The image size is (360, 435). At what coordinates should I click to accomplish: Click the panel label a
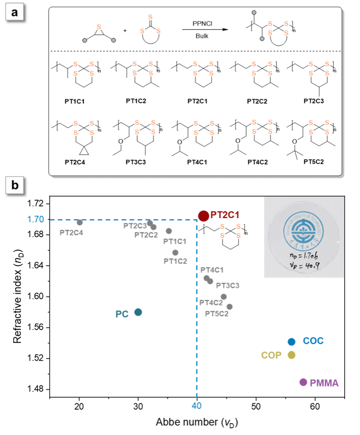[15, 13]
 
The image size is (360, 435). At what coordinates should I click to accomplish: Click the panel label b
[15, 186]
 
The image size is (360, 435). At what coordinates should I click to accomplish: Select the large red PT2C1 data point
[204, 216]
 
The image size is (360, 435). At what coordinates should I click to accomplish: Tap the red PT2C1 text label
[224, 216]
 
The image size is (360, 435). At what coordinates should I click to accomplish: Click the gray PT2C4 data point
[80, 222]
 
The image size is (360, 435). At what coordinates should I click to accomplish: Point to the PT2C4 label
[71, 233]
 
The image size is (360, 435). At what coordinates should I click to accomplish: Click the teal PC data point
[138, 312]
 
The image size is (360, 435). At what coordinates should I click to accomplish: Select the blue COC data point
[292, 341]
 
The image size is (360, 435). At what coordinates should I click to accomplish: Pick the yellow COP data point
[292, 355]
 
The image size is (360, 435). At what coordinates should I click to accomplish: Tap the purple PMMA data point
[303, 382]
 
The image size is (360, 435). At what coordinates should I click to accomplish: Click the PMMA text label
[324, 383]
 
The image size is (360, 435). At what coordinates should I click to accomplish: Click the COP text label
[271, 355]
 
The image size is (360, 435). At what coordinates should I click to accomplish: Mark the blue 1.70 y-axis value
[35, 220]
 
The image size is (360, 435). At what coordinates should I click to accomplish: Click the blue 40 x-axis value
[197, 406]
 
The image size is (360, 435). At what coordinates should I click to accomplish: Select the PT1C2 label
[175, 261]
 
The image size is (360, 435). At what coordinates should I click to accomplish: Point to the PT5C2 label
[217, 313]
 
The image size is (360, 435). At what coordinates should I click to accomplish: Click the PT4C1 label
[212, 270]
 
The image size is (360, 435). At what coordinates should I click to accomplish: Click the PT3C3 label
[227, 286]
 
